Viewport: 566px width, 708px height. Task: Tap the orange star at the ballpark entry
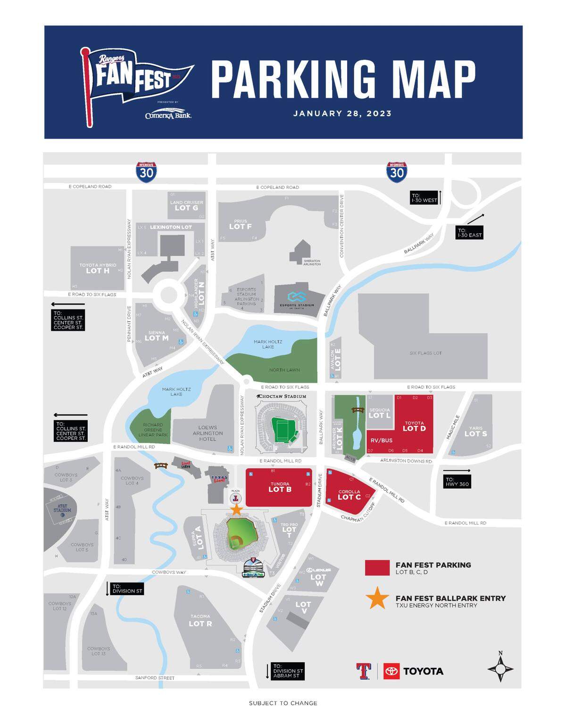click(236, 510)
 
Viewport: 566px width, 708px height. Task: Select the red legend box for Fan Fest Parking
click(377, 568)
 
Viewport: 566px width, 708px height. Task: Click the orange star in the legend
click(377, 598)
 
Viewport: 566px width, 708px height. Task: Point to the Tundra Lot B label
click(280, 487)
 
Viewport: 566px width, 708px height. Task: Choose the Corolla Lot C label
click(349, 495)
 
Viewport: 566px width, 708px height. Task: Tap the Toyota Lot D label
click(414, 426)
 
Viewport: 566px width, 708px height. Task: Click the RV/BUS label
click(381, 440)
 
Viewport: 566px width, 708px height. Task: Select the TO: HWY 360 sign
click(457, 481)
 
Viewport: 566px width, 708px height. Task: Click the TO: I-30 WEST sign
click(424, 197)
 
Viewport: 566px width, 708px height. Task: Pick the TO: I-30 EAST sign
click(469, 233)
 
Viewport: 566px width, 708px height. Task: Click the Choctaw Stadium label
click(282, 396)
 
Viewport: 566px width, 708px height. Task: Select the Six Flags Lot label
click(425, 353)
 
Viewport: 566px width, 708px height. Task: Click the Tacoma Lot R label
click(200, 621)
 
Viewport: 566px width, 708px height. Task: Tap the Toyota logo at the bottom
click(413, 671)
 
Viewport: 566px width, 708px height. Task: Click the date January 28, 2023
click(342, 114)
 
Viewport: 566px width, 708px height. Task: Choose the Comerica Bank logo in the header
click(168, 115)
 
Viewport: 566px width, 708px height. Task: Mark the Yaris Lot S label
click(475, 431)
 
